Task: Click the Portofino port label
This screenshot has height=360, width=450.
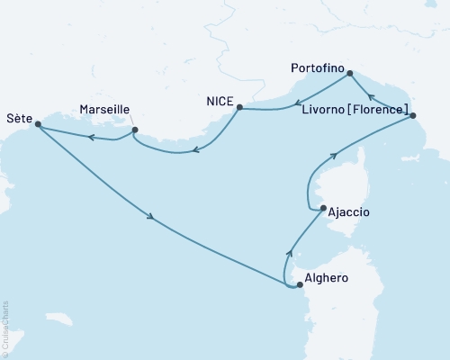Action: pyautogui.click(x=318, y=67)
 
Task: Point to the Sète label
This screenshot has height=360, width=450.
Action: pyautogui.click(x=20, y=117)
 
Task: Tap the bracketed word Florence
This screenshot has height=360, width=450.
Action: pyautogui.click(x=379, y=109)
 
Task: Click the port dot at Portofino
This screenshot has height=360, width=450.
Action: pyautogui.click(x=350, y=74)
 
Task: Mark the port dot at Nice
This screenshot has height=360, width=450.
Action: pyautogui.click(x=238, y=108)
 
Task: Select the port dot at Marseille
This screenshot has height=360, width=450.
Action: pyautogui.click(x=134, y=130)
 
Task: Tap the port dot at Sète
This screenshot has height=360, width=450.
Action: pyautogui.click(x=38, y=125)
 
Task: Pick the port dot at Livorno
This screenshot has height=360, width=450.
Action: pyautogui.click(x=412, y=115)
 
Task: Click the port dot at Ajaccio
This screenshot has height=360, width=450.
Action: pyautogui.click(x=323, y=209)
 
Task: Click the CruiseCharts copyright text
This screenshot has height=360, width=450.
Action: pyautogui.click(x=5, y=328)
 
